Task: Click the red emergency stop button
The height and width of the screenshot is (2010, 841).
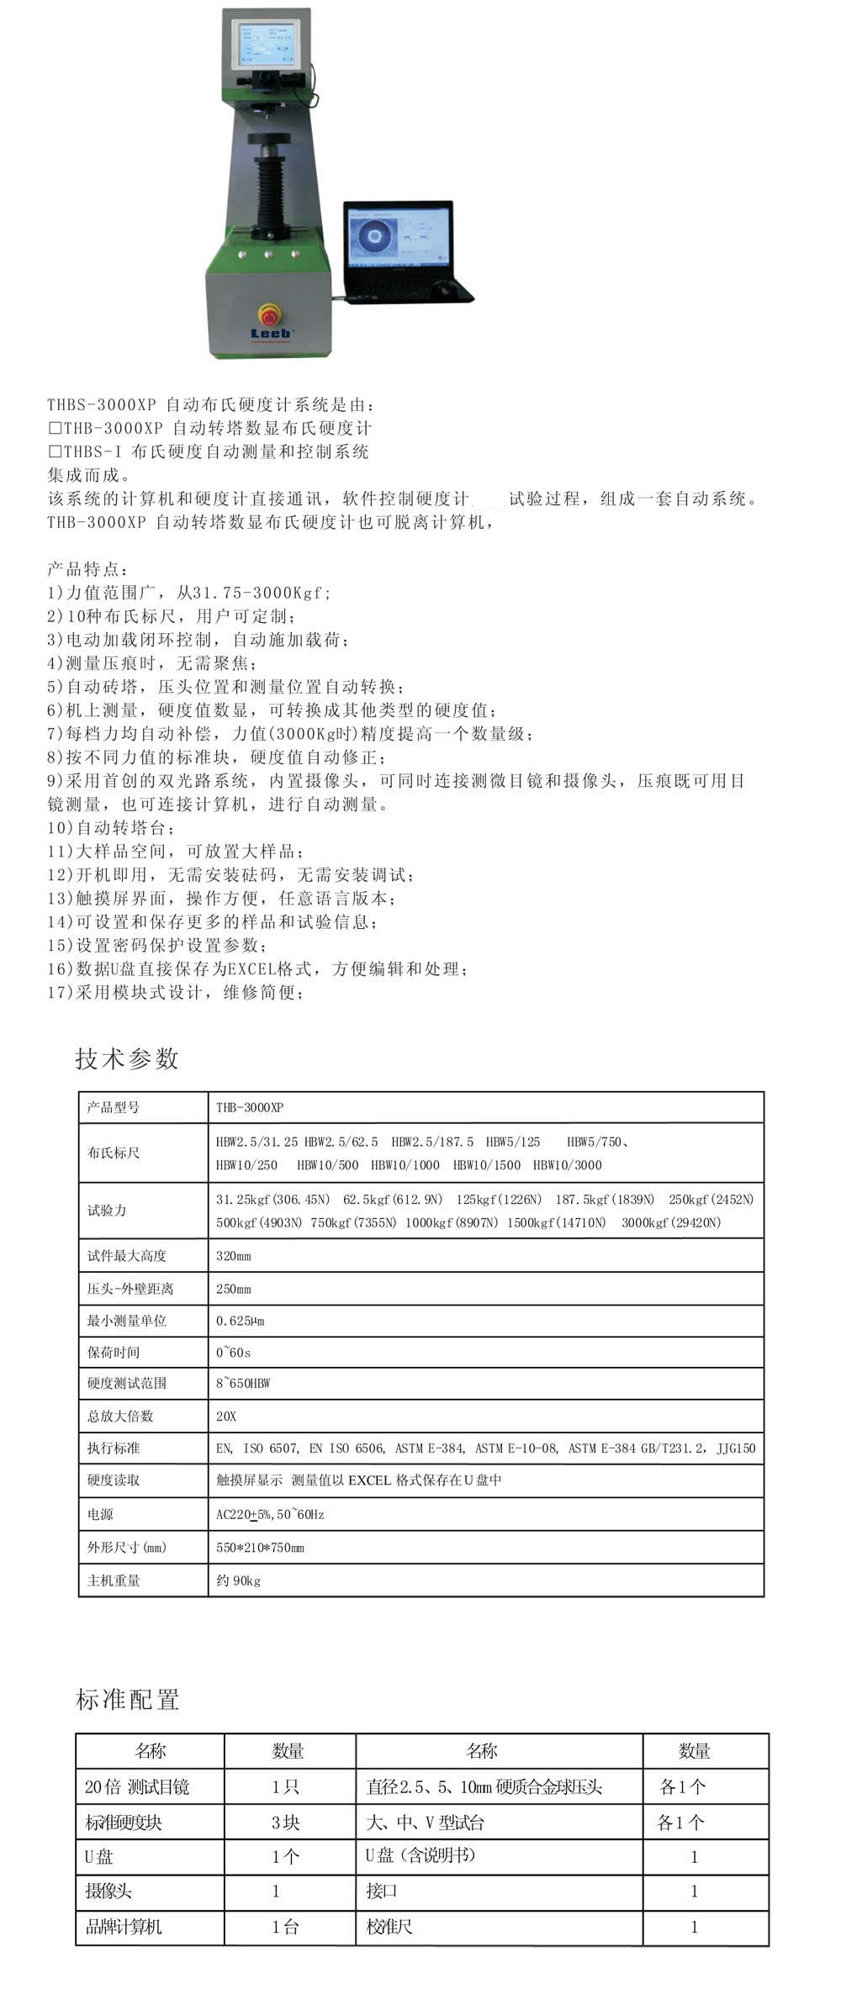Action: pos(269,315)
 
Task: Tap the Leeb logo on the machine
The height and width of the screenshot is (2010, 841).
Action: pos(271,333)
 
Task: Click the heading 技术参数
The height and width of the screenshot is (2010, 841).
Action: pos(127,1058)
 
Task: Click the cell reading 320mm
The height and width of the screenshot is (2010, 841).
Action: pos(234,1256)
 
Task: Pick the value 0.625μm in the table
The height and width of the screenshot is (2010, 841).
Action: pos(241,1321)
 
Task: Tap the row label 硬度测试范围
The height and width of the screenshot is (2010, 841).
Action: pos(126,1383)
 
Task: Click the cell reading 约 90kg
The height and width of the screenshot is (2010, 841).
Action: pos(238,1580)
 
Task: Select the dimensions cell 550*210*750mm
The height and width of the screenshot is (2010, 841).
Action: pos(260,1547)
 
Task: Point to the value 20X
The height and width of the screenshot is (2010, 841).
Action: pos(226,1416)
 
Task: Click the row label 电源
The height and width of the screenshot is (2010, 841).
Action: pos(100,1514)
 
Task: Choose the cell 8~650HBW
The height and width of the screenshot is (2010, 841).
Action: pos(243,1383)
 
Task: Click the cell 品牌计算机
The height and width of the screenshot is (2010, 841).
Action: pos(124,1926)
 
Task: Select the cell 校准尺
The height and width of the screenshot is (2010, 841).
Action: pos(389,1926)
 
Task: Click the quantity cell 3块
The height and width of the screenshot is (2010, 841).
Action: pos(286,1822)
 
